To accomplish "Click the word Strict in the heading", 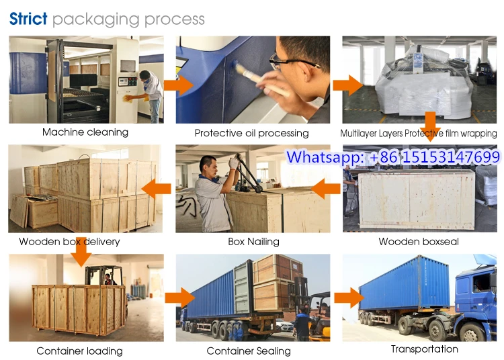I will (x=28, y=18).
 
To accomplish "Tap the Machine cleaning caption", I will (x=85, y=132).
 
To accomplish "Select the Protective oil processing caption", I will (x=251, y=133).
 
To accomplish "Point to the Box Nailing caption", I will (x=253, y=241).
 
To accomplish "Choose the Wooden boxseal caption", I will (x=419, y=241).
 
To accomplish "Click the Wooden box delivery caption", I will (x=69, y=241).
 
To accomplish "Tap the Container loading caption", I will (x=79, y=351).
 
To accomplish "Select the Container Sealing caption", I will (x=249, y=351).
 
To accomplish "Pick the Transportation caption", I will (x=424, y=349).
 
